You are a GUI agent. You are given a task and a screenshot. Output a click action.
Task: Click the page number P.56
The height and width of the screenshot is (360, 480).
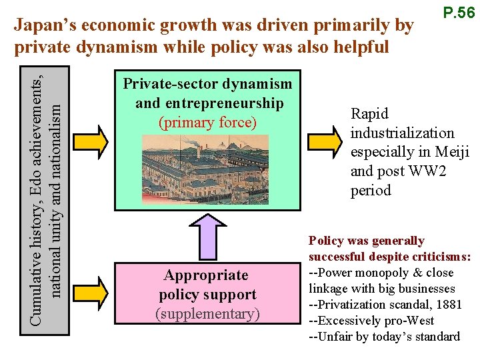pyautogui.click(x=458, y=13)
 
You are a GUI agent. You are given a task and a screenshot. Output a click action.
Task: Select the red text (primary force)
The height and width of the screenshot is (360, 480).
pyautogui.click(x=207, y=123)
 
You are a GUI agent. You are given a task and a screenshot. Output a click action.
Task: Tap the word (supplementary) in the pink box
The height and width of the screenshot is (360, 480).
pyautogui.click(x=207, y=313)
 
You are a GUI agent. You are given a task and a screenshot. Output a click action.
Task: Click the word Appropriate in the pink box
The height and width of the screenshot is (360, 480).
pyautogui.click(x=206, y=275)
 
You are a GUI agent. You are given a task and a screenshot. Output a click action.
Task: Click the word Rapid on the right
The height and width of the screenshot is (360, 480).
pyautogui.click(x=369, y=114)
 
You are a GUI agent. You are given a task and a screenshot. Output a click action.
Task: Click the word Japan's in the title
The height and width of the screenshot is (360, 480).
pyautogui.click(x=43, y=25)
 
